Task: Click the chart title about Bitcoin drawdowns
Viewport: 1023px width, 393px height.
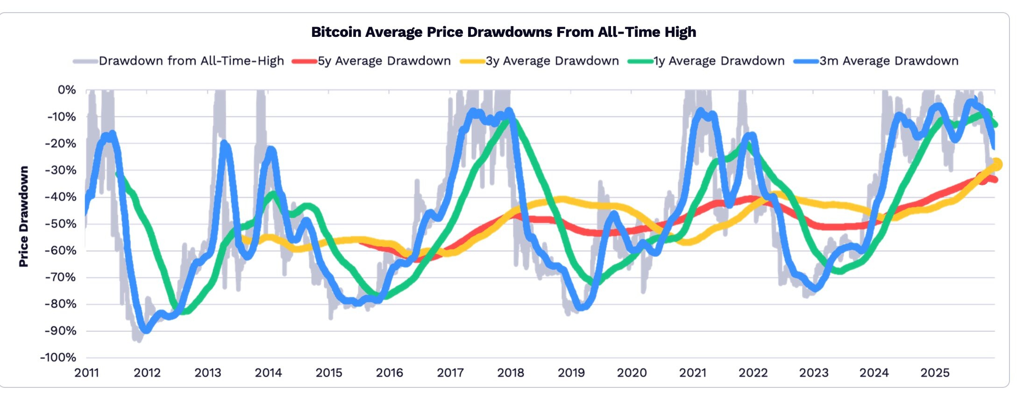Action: pos(504,32)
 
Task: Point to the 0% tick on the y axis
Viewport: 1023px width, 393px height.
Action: pos(67,90)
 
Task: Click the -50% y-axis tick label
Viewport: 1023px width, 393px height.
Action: pos(61,224)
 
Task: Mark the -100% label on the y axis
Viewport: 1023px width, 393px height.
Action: pos(58,358)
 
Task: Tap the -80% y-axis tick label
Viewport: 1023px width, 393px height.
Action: pos(61,304)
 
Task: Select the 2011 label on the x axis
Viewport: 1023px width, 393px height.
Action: pos(86,373)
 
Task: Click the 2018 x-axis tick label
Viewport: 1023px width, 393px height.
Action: pos(511,373)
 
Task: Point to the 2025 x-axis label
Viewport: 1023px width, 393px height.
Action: pos(935,373)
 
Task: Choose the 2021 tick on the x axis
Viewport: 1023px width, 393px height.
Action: pos(692,373)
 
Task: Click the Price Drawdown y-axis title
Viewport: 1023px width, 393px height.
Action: pos(23,216)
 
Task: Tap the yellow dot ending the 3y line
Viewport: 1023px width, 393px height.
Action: pos(996,164)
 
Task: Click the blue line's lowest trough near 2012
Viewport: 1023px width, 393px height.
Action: pos(146,329)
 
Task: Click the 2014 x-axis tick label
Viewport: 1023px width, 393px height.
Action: pos(268,373)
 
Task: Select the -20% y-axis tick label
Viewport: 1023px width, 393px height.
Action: pos(61,143)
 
